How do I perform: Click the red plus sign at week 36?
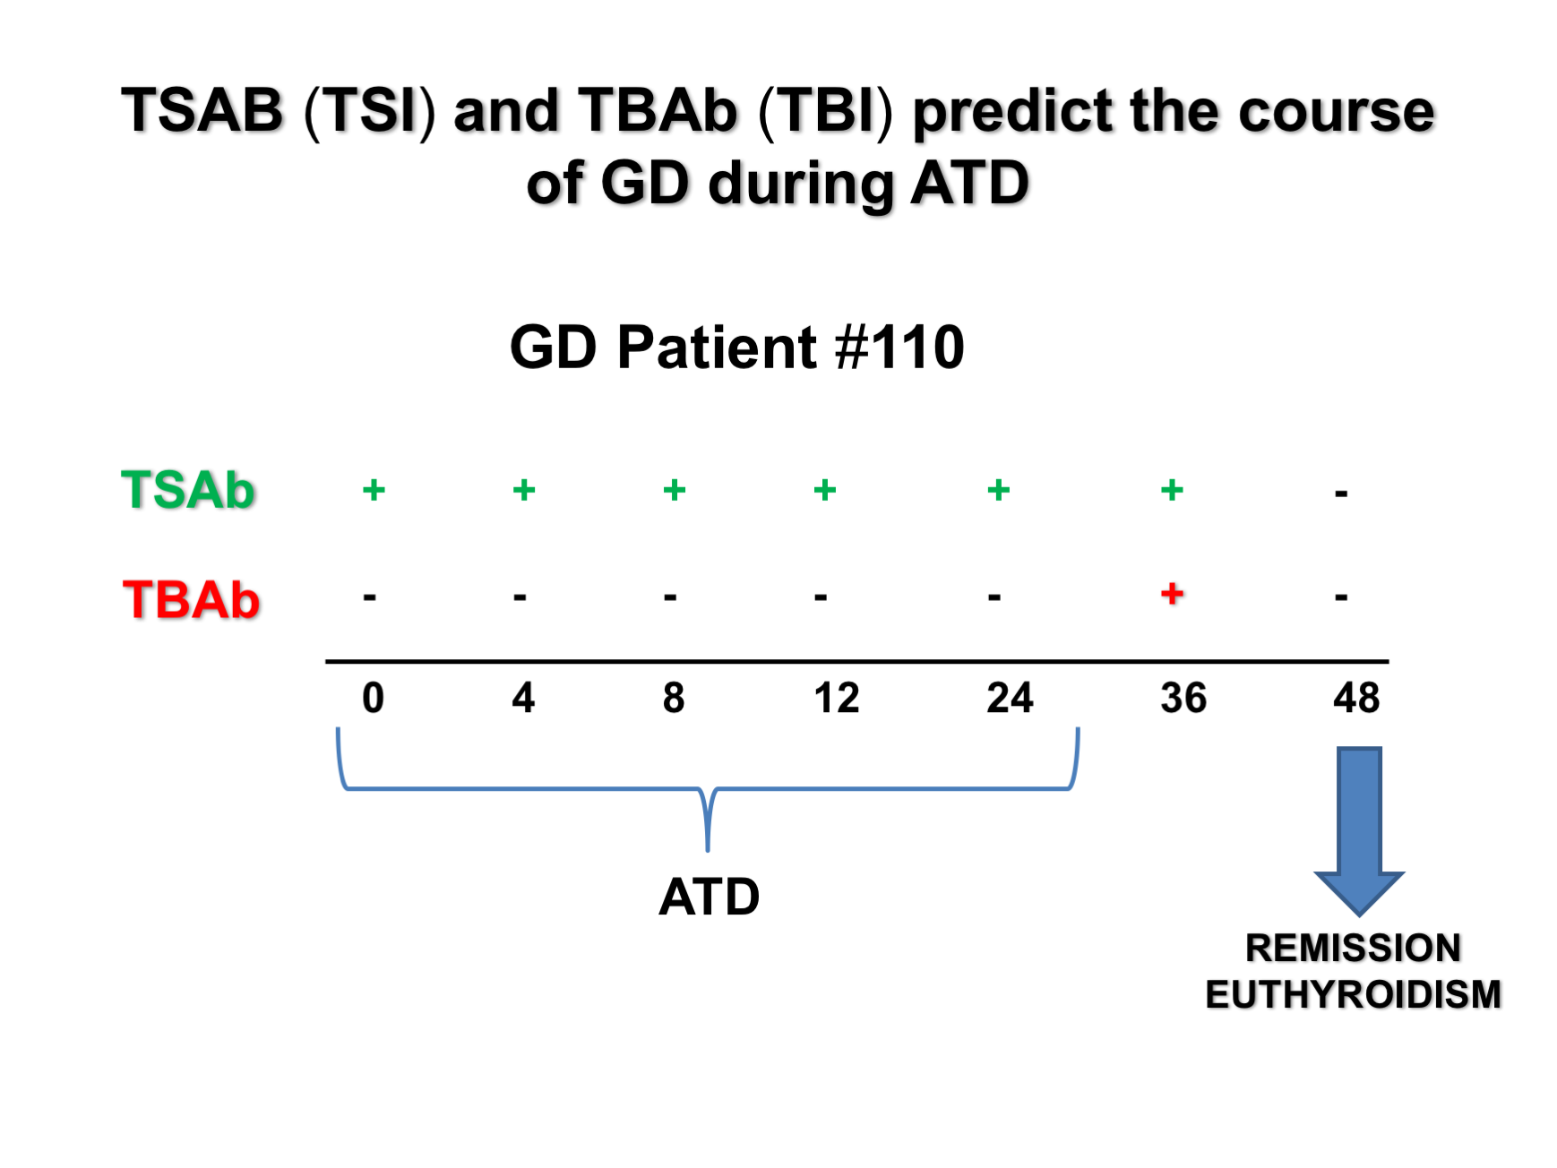tap(1172, 593)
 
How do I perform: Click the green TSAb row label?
tap(188, 490)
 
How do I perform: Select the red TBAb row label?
tap(191, 599)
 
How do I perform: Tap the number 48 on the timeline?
tap(1356, 698)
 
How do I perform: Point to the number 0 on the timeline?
tap(373, 698)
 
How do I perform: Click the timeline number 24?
tap(1010, 698)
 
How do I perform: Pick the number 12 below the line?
tap(836, 698)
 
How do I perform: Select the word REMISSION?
tap(1353, 948)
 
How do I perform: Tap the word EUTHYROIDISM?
tap(1353, 994)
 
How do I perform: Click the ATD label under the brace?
tap(709, 897)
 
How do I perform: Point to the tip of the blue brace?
tap(708, 846)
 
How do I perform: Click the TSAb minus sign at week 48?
tap(1341, 494)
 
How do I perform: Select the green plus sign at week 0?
tap(374, 490)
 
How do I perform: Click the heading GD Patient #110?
tap(736, 348)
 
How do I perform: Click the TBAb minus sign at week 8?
tap(670, 597)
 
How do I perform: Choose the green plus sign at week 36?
tap(1172, 490)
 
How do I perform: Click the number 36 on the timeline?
tap(1183, 698)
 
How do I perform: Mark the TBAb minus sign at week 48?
tap(1341, 597)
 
